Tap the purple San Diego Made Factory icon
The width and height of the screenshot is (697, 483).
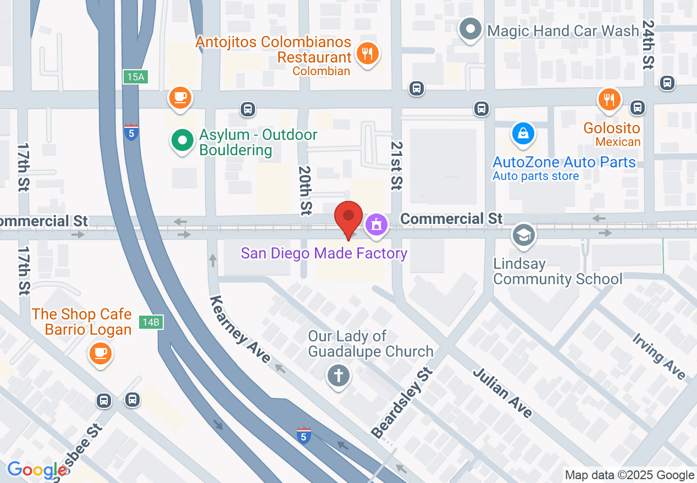[376, 224]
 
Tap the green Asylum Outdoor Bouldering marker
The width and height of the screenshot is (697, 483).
[182, 140]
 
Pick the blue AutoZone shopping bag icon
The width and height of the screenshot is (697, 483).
[523, 133]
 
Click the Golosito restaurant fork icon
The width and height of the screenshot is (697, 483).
[609, 99]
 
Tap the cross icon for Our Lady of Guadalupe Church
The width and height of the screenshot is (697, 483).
[339, 377]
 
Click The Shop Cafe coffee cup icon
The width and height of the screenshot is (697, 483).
[100, 352]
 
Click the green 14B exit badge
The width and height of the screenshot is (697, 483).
[150, 322]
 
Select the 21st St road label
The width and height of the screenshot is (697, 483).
[396, 165]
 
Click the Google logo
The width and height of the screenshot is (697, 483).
[37, 470]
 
